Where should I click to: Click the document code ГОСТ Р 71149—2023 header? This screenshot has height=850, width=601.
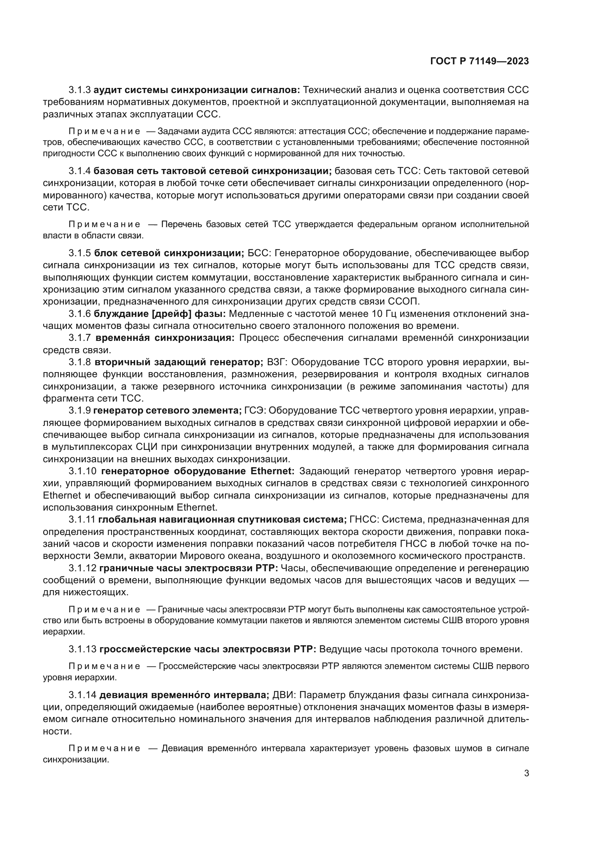[x=479, y=61]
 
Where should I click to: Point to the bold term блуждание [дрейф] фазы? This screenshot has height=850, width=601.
[x=160, y=314]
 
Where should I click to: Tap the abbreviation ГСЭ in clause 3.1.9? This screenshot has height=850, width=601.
[x=254, y=410]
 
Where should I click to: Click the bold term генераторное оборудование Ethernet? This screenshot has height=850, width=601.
[x=198, y=471]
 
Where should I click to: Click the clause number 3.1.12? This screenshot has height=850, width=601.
[x=82, y=568]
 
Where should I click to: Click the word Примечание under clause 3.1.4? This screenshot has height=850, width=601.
[x=104, y=224]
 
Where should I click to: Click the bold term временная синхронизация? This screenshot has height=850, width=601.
[x=165, y=338]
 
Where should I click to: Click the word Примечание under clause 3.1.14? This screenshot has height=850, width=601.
[x=104, y=748]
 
